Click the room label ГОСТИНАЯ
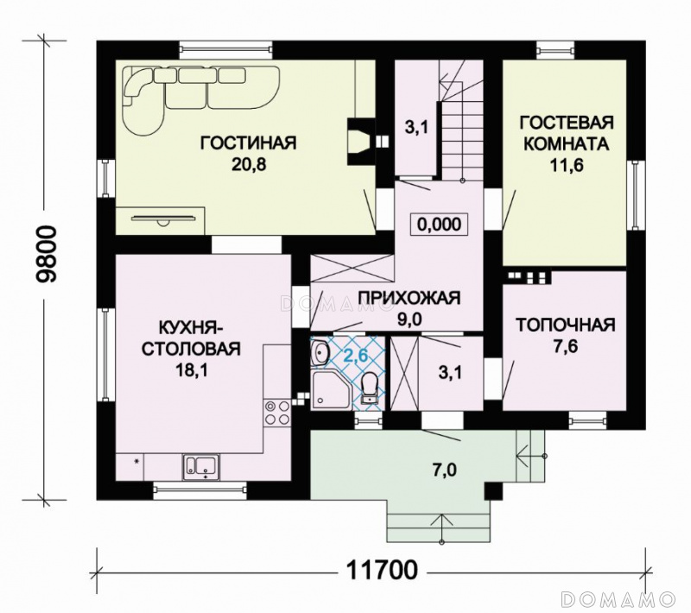pos(249,143)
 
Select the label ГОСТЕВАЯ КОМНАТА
pos(567,133)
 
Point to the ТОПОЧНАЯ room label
pos(566,325)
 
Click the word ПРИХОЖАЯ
pos(409,298)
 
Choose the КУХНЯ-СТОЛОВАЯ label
pos(190,338)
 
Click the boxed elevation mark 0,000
pos(439,224)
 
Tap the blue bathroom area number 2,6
pos(355,355)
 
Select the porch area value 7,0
pos(443,471)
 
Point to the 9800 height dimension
pos(47,255)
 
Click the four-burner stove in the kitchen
pos(277,413)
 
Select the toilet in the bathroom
pos(368,388)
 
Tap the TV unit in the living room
pos(164,218)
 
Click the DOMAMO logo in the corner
pos(618,599)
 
